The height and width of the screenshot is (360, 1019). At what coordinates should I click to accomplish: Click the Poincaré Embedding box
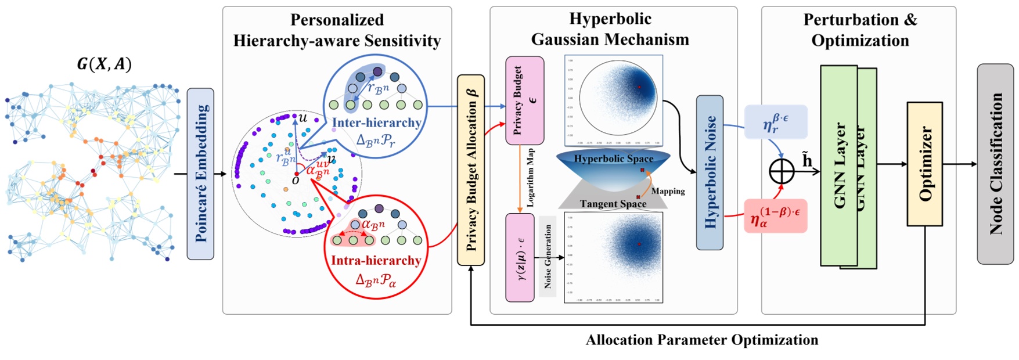point(200,174)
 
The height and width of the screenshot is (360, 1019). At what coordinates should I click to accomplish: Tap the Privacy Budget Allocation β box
point(471,170)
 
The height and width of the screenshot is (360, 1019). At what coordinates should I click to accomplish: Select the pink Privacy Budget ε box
point(524,100)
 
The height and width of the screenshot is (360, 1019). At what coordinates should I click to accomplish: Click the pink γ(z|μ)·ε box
point(520,257)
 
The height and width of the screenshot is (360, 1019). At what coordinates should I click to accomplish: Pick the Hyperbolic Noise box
point(710,172)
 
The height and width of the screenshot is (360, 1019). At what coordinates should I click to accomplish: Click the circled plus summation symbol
point(782,171)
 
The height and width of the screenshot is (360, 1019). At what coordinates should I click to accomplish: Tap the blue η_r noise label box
point(776,122)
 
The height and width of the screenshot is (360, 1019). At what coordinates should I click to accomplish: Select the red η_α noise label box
point(775,216)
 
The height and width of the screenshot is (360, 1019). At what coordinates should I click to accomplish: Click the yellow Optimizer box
point(924,164)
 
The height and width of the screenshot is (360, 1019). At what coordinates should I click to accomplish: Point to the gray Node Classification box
point(995,164)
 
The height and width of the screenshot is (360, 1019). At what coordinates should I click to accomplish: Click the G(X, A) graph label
point(104,64)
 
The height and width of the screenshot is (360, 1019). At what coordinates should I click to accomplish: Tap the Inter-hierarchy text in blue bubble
point(376,123)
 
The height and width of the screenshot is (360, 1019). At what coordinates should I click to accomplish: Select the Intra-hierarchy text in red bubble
point(376,260)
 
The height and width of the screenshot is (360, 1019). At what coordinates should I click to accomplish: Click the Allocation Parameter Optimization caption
point(701,340)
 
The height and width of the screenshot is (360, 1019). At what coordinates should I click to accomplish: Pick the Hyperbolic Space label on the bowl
point(613,159)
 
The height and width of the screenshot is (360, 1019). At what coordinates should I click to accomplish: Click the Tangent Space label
point(613,204)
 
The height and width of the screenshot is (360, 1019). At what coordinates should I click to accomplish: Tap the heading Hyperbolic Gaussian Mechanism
point(610,29)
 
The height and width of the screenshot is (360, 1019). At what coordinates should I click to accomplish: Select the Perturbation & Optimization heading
point(860,30)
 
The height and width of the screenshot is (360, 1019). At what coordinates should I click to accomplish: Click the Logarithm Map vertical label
point(530,178)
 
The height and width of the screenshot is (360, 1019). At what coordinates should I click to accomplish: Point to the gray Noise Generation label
point(548,256)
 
